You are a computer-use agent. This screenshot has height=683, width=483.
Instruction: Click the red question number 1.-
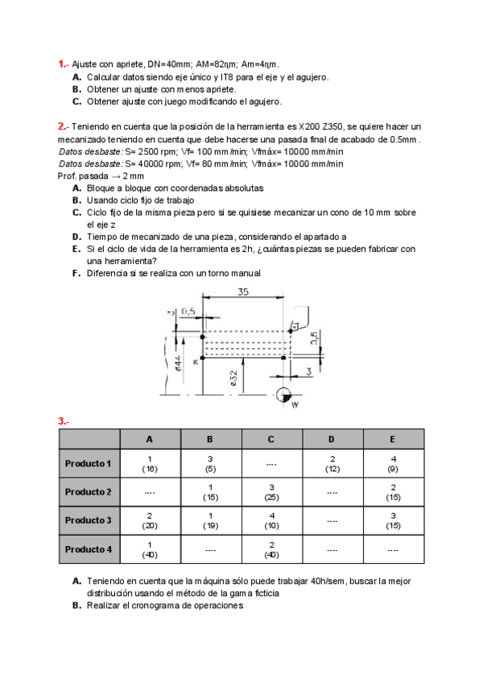[x=63, y=64]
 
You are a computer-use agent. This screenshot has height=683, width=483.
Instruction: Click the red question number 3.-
[x=63, y=421]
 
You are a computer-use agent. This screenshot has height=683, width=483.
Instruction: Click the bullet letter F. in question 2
[x=76, y=273]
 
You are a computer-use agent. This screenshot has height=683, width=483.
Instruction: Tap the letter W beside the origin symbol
[x=295, y=405]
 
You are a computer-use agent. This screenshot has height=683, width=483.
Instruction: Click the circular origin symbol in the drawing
[x=283, y=394]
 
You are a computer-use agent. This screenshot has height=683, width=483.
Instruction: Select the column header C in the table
[x=271, y=439]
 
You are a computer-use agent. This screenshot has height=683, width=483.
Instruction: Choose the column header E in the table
[x=393, y=439]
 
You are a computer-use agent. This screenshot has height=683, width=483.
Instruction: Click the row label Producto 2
[x=88, y=491]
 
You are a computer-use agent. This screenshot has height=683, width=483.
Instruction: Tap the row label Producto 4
[x=88, y=549]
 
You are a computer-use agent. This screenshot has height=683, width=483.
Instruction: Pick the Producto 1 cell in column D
[x=332, y=463]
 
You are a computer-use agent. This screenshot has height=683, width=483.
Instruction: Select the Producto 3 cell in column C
[x=271, y=520]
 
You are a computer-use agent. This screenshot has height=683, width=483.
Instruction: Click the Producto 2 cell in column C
[x=271, y=491]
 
